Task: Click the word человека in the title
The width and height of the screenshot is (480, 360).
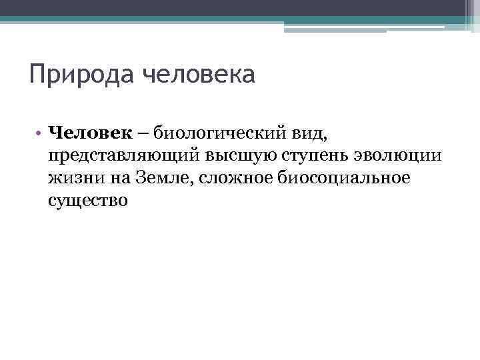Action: (x=199, y=73)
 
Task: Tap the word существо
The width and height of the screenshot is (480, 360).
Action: (x=87, y=200)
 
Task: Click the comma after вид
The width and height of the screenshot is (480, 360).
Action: (x=327, y=138)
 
